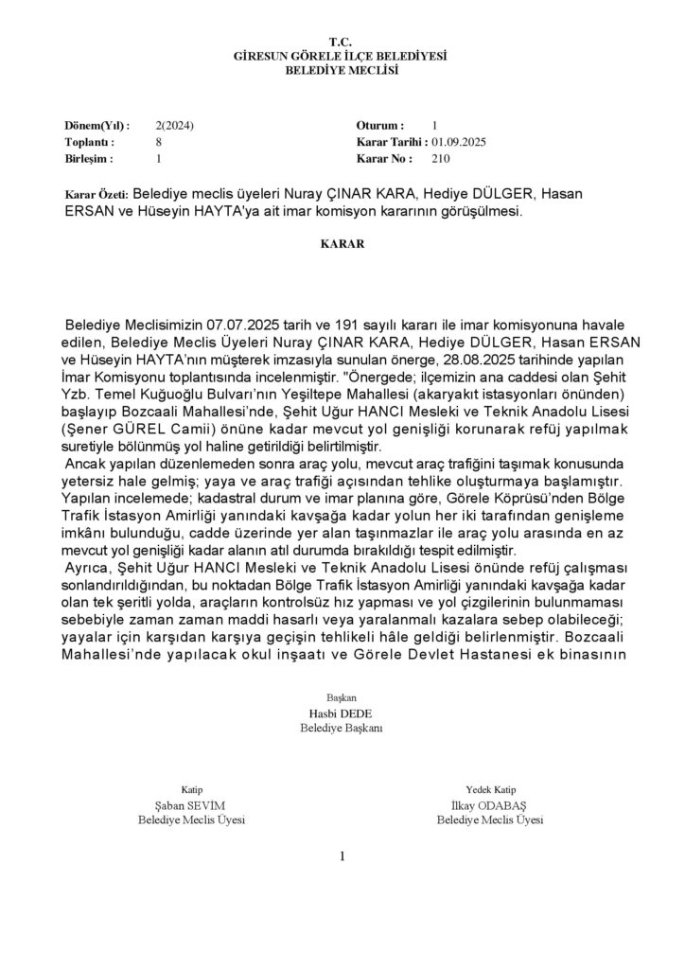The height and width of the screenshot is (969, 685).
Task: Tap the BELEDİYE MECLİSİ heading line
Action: click(x=341, y=71)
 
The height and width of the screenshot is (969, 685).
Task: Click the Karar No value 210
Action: click(x=440, y=159)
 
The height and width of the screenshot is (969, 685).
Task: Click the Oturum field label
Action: click(x=380, y=125)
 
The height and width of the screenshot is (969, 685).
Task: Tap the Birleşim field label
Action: click(x=90, y=159)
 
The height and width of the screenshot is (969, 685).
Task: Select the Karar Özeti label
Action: click(x=95, y=195)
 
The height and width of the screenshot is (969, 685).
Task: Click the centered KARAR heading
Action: click(x=341, y=243)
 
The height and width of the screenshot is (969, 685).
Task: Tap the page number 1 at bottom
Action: click(x=342, y=857)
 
